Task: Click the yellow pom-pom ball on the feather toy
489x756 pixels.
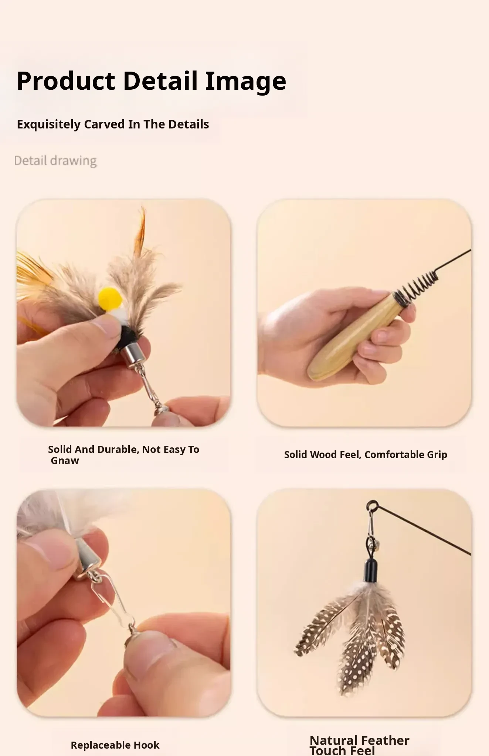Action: point(110,298)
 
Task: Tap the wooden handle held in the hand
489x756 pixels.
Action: point(353,336)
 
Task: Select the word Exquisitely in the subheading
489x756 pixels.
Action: point(48,124)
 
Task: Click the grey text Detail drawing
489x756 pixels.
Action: point(55,161)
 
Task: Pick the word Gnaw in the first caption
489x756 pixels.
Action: point(65,461)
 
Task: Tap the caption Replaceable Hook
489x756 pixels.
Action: point(115,745)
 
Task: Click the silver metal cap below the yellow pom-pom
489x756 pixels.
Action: point(133,355)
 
